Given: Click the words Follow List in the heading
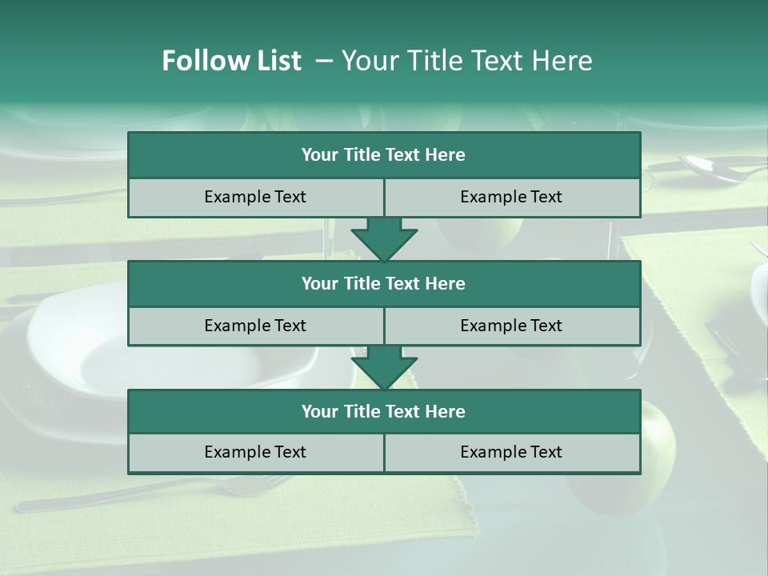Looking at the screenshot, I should point(231,61).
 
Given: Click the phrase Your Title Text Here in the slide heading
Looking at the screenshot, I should point(466,61).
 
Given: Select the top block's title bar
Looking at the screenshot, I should point(384,155).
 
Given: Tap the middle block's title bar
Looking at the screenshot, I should point(384,283).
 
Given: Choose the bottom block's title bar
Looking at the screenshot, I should point(384,411).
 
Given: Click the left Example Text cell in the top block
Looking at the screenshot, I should point(255,197).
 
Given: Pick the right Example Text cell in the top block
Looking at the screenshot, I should point(511,197).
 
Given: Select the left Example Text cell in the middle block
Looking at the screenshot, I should point(255,326).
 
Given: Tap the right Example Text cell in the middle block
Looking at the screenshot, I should point(511,326).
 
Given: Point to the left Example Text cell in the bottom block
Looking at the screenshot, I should point(255,452).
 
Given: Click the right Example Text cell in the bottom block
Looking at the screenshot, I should point(511,452).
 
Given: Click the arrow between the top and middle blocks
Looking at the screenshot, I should point(384,238).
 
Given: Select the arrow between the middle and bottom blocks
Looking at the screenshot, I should point(384,366).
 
